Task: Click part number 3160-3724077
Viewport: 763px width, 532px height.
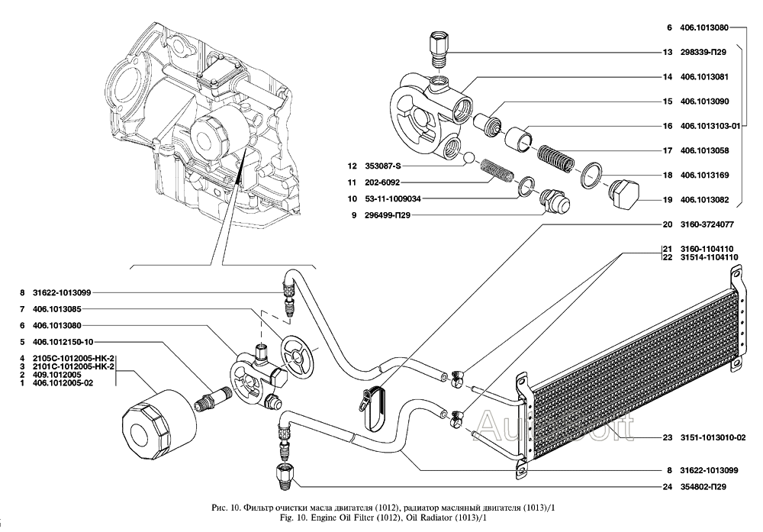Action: pos(707,225)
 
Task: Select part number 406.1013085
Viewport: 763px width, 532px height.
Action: pos(57,309)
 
